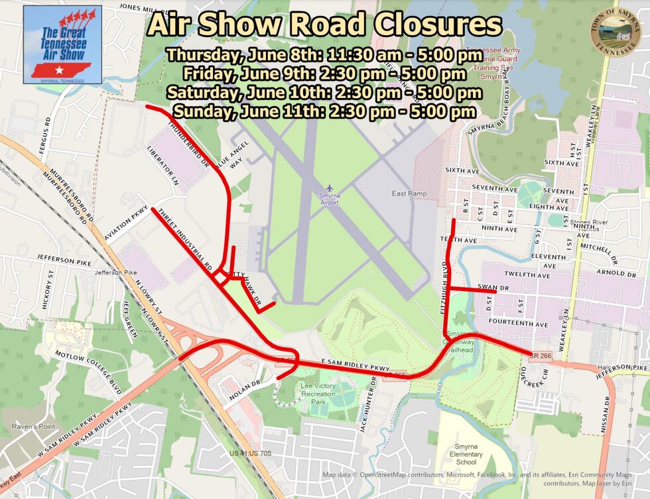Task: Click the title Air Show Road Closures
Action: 324,25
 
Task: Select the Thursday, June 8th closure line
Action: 324,54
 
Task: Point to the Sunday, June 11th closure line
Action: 324,112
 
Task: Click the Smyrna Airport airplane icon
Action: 330,189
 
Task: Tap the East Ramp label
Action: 409,194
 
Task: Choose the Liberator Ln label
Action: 164,166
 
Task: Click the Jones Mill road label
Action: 139,7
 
